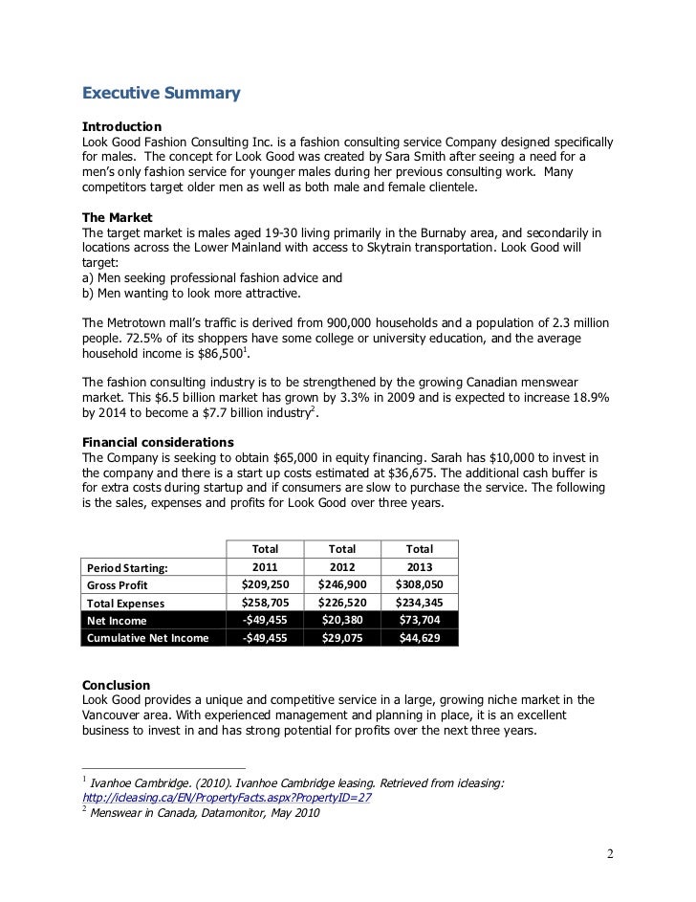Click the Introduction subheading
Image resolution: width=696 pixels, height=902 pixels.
(x=121, y=126)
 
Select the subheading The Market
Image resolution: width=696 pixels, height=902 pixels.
(x=118, y=217)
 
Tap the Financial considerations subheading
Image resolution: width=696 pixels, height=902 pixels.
(x=158, y=443)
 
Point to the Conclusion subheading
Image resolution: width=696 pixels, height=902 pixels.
(x=116, y=685)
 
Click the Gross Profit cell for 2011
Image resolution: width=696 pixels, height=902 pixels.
(x=265, y=585)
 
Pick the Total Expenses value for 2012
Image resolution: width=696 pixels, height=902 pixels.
(x=341, y=604)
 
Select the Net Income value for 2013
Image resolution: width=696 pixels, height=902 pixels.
(x=419, y=622)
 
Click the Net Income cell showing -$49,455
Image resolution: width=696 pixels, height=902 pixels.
(x=265, y=621)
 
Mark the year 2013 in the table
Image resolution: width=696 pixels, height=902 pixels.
(x=419, y=567)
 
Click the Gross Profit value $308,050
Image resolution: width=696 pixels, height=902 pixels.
(x=419, y=585)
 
